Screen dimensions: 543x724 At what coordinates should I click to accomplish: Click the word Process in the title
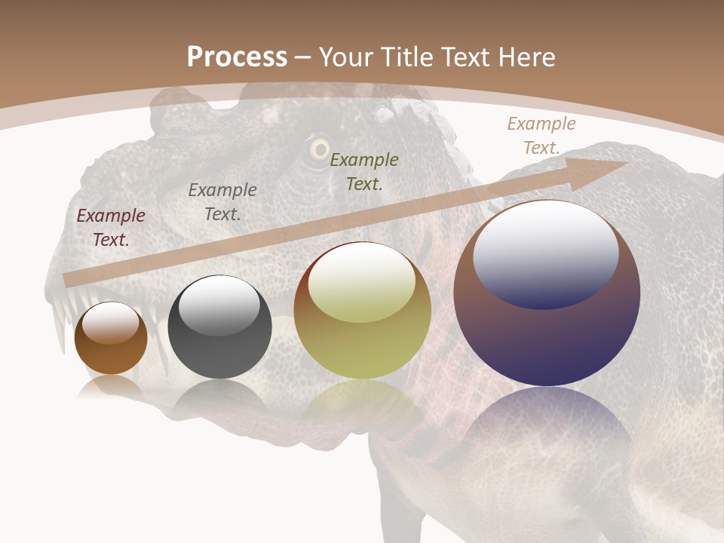point(237,57)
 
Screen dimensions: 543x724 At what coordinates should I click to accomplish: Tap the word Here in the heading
point(526,57)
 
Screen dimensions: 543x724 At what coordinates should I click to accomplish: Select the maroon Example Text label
point(111,228)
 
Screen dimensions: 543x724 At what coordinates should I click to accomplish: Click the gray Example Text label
point(222,202)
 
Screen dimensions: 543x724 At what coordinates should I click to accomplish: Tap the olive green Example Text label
point(364,171)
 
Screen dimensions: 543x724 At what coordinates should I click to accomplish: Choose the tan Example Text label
point(541,136)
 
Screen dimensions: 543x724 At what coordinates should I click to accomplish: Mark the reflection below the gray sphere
point(219,400)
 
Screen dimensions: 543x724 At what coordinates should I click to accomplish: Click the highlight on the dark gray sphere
point(219,304)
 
